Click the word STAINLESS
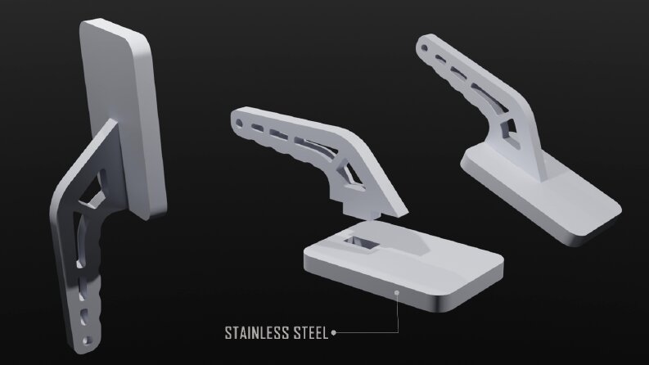(257, 333)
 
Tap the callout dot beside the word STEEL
(334, 332)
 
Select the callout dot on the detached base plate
(396, 293)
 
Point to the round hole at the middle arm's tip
(239, 124)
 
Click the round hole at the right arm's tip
(424, 48)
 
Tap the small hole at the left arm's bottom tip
(87, 340)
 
